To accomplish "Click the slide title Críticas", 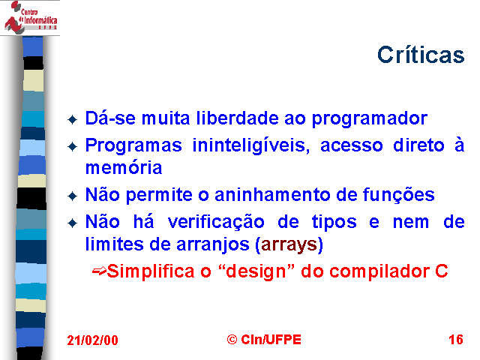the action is point(421,55).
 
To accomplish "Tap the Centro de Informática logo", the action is point(30,17).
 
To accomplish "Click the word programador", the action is point(370,119).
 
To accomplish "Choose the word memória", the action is point(124,167).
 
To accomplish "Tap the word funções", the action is point(398,195).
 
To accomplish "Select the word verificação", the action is point(216,222).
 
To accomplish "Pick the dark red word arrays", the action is point(289,245).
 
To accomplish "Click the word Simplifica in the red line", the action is point(151,271).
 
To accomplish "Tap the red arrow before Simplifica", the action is point(99,271).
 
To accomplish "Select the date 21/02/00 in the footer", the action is point(92,340).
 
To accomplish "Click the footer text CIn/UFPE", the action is point(271,340).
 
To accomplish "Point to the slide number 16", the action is point(456,340).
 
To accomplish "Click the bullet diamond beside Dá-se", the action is point(73,120).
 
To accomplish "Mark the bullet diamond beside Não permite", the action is point(73,196).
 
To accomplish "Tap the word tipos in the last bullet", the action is point(334,223).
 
